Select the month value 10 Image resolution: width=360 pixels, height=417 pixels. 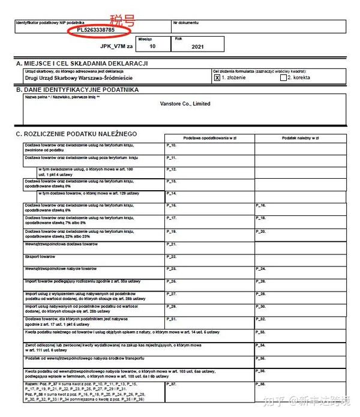(x=152, y=46)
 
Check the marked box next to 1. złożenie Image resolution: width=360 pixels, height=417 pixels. (x=217, y=77)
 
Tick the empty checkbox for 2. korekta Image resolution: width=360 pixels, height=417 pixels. (x=284, y=77)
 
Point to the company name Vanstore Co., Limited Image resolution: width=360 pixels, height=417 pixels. (x=185, y=104)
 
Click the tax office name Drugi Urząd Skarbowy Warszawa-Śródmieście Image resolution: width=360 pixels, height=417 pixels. (x=79, y=78)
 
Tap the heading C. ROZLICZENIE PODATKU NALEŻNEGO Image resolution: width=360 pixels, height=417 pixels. (x=77, y=133)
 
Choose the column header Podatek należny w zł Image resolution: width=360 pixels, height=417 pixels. (x=299, y=137)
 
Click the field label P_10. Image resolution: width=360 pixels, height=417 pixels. (x=171, y=146)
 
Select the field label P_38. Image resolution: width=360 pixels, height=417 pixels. (x=260, y=383)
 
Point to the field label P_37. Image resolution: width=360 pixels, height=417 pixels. (x=171, y=383)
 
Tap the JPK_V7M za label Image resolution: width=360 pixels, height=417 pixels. (x=116, y=45)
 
